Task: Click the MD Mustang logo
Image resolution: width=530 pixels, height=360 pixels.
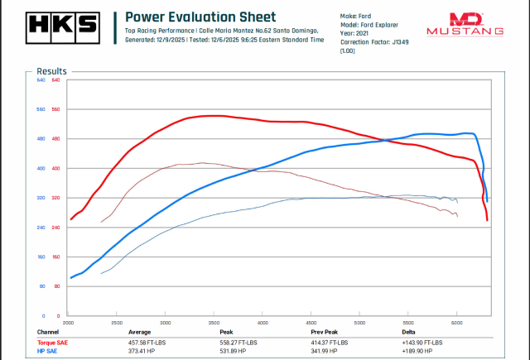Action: [465, 24]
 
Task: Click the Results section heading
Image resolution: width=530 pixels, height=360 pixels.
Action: [51, 71]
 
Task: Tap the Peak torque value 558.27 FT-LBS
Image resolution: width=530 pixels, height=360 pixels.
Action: [238, 342]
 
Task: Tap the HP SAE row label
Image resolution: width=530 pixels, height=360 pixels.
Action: [48, 350]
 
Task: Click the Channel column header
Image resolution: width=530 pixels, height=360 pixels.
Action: [48, 331]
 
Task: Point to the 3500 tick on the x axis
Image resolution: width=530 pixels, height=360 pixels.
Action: [214, 322]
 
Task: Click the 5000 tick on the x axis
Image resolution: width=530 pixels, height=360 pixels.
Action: [359, 322]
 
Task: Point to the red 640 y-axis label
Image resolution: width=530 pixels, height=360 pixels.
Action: [56, 80]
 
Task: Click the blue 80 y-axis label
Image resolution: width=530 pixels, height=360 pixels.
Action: [41, 286]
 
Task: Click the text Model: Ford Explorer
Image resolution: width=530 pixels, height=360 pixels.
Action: [369, 25]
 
